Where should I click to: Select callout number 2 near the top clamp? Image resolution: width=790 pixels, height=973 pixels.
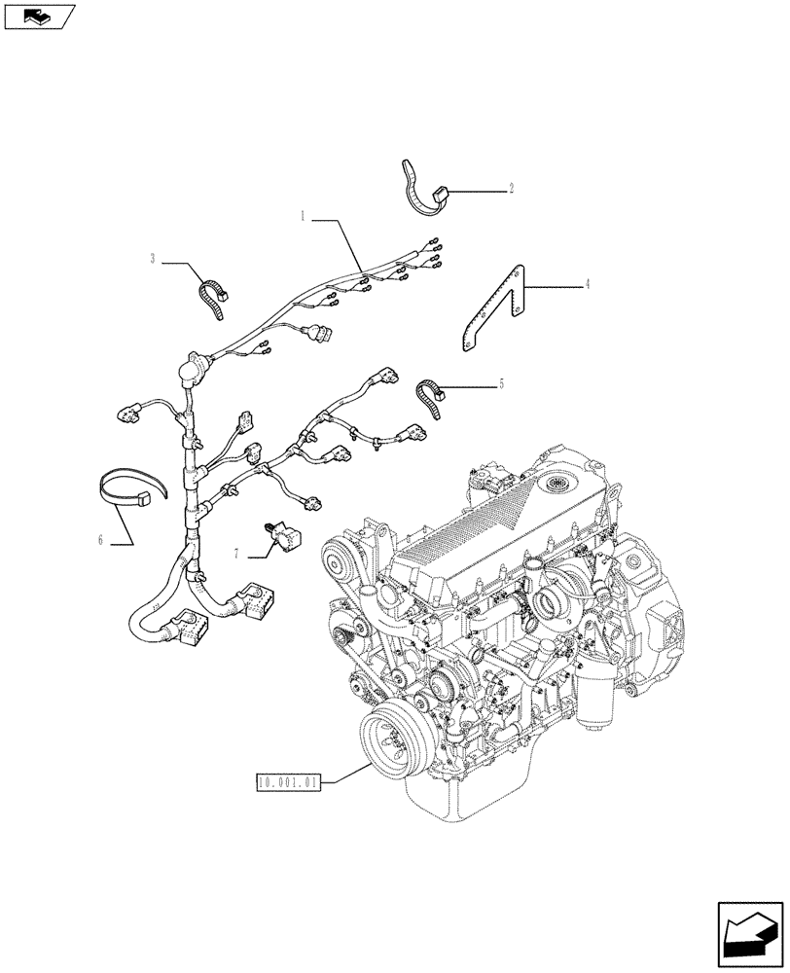511,189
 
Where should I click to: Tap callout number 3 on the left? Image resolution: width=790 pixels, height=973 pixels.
153,259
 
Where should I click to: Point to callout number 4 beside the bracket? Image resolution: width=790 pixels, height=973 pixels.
587,285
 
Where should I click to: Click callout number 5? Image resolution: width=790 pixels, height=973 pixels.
501,384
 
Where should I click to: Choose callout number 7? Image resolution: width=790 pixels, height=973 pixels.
236,554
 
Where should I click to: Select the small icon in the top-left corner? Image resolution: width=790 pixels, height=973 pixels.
38,16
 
